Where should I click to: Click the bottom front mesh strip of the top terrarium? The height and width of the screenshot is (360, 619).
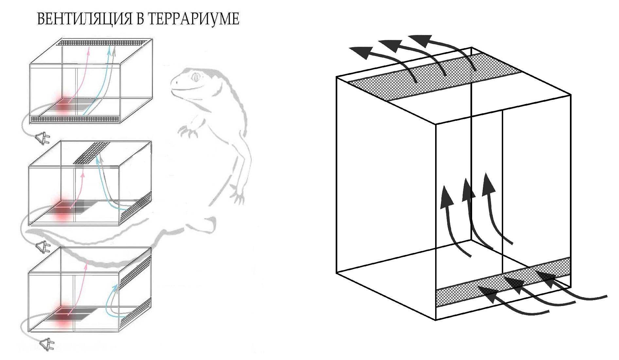(x=76, y=119)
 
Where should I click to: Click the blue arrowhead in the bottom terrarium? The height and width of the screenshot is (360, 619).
(x=115, y=287)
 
